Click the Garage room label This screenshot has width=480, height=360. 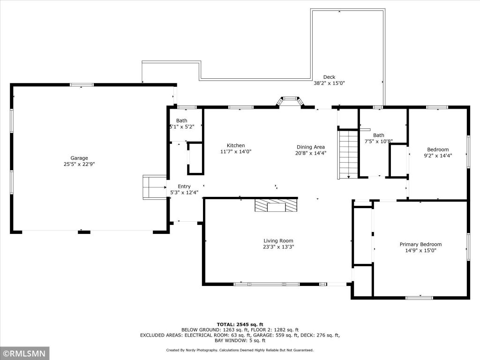79,158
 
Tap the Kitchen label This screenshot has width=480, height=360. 236,145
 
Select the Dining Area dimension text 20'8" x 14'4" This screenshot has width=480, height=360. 311,153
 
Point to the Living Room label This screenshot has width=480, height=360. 278,241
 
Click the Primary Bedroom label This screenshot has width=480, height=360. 420,244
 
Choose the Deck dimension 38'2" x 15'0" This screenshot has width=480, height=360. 329,83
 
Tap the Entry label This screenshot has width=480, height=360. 184,187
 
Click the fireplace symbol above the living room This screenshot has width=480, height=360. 276,205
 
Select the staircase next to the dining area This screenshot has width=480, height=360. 348,155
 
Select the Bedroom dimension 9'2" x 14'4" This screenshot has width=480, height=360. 438,156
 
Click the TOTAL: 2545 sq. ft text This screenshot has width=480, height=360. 240,324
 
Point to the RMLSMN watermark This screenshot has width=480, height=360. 24,353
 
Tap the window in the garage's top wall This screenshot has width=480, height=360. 82,85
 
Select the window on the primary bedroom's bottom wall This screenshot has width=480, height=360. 420,298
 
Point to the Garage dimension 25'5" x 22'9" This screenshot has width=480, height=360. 79,164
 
